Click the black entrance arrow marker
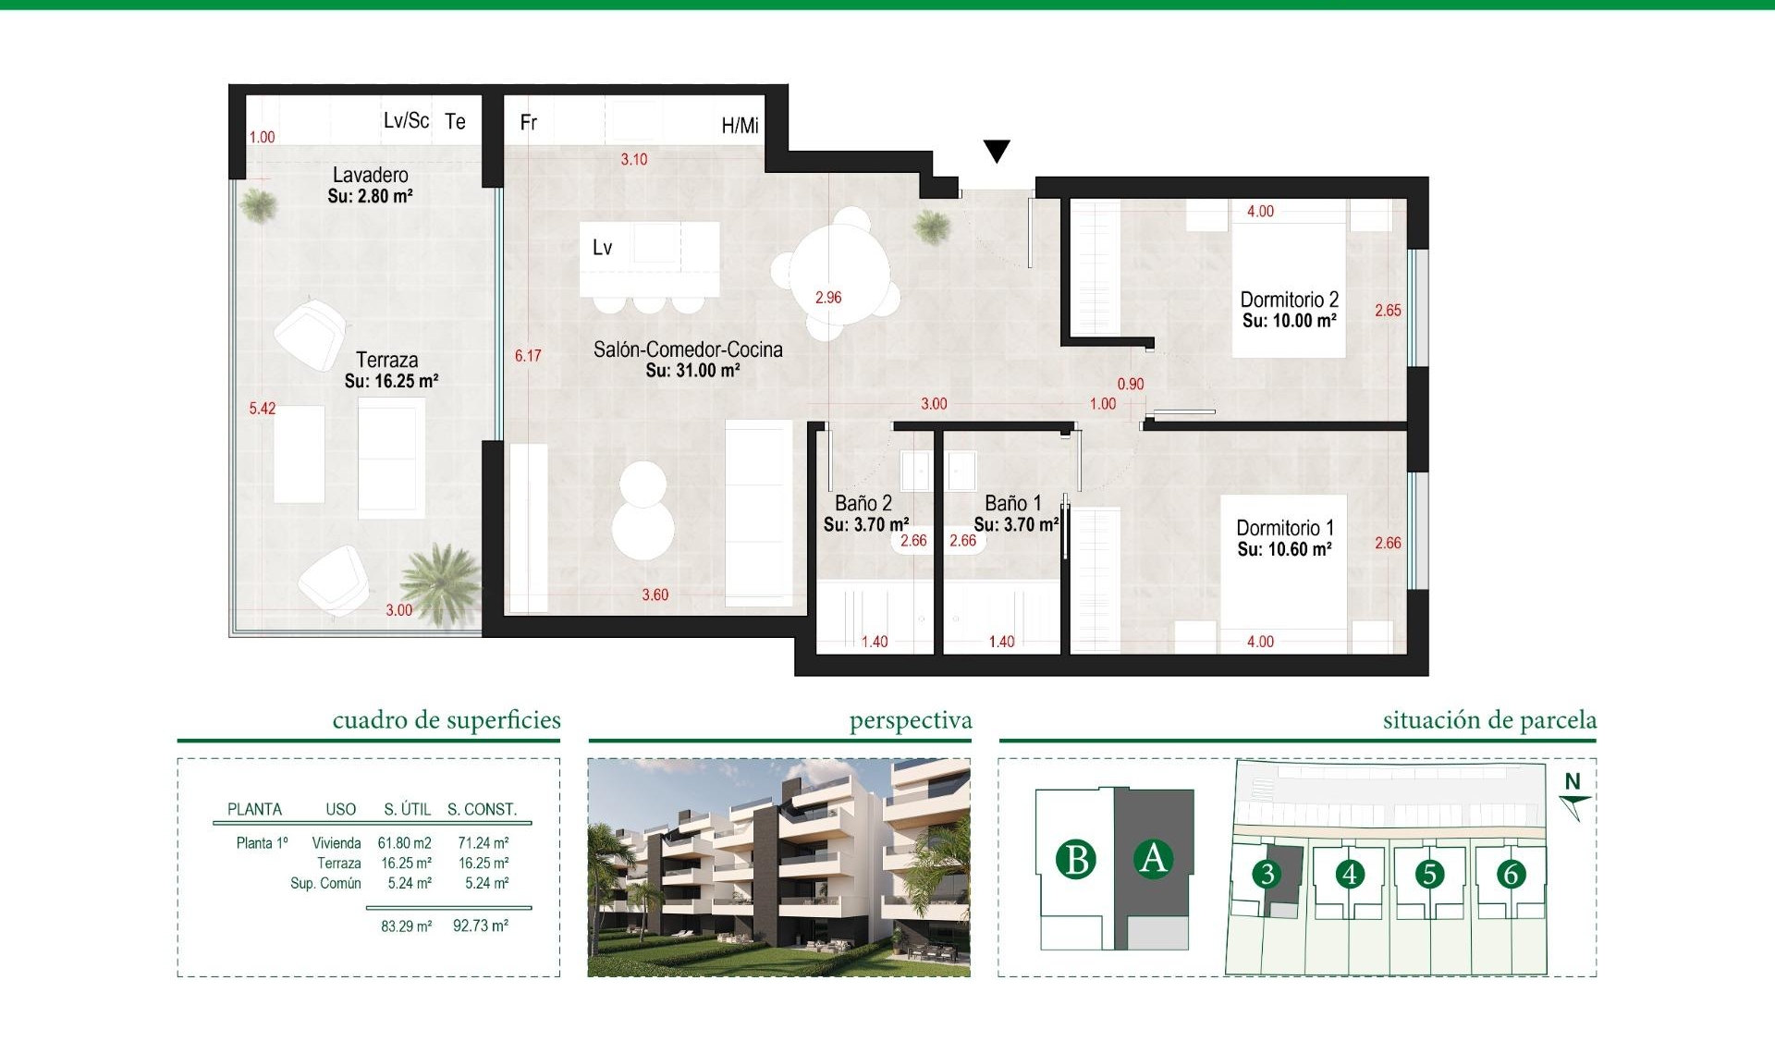tap(996, 151)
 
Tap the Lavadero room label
tap(370, 175)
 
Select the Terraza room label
tap(386, 360)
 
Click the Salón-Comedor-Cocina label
tap(688, 349)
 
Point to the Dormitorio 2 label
tap(1289, 300)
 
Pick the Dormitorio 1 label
tap(1284, 528)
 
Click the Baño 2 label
tap(863, 503)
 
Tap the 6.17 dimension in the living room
tap(528, 356)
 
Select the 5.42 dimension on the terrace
tap(262, 408)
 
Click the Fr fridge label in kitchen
tap(528, 122)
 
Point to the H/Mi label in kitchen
tap(740, 126)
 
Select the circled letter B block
tap(1076, 860)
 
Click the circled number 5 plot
tap(1429, 874)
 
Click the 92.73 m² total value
tap(480, 925)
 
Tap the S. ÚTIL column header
tap(407, 809)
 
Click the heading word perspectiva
tap(910, 720)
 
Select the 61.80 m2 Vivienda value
tap(404, 843)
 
